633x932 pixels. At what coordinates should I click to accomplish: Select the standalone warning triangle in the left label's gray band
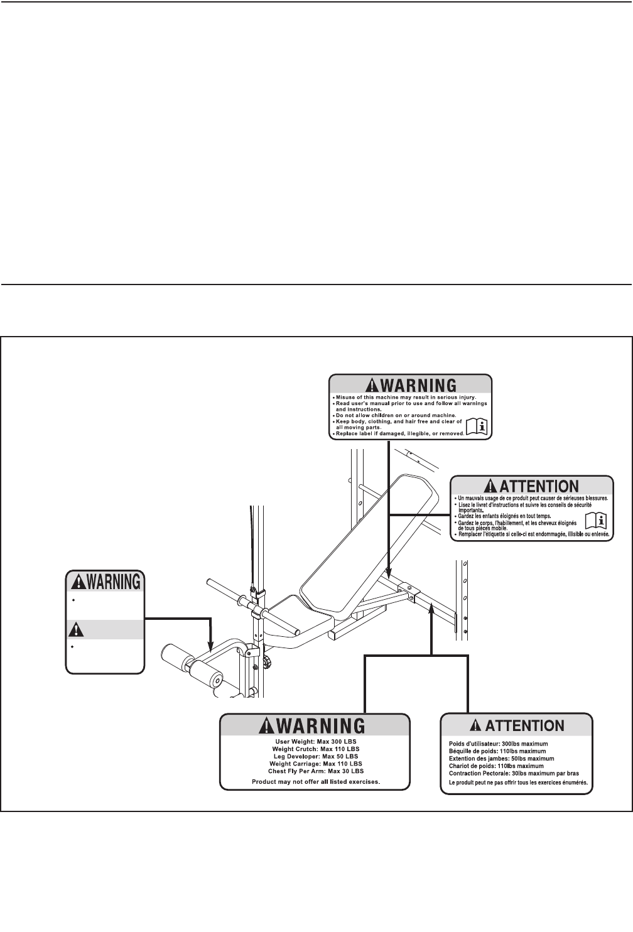tap(76, 629)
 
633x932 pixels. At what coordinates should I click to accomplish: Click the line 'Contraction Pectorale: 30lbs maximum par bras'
tap(513, 774)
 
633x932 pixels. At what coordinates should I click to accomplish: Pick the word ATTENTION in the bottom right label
tap(525, 725)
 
